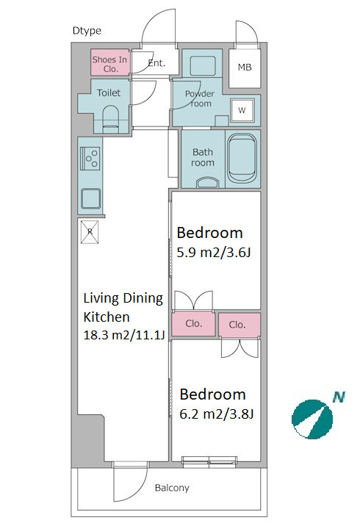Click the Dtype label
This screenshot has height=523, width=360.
pos(87,31)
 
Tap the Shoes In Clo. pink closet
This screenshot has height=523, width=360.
pos(109,62)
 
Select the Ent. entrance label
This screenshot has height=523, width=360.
pos(156,63)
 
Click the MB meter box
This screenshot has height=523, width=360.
pos(245,68)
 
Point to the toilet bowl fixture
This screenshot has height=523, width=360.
pos(111,119)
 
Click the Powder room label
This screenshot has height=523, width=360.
pos(200,98)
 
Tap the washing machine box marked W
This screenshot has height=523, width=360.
pos(242,110)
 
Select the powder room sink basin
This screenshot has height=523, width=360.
pos(203,66)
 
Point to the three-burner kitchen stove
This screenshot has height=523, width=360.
pos(90,159)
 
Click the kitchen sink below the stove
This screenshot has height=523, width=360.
pos(91,199)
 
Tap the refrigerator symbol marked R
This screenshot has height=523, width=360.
pos(90,232)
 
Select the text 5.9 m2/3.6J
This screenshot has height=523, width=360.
pos(214,253)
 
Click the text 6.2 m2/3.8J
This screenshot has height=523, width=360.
pos(217,414)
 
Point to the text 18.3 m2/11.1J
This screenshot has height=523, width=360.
pos(124,335)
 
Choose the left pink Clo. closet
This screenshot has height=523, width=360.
pos(193,323)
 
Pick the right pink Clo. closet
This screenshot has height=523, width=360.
pos(240,325)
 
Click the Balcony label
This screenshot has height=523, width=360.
pos(172,488)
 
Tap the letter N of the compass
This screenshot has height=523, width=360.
pos(339,397)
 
